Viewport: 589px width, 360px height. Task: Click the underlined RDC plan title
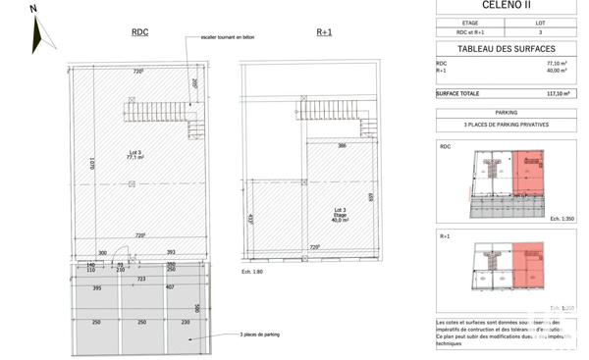[139, 32]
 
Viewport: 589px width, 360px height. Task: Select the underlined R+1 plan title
[325, 32]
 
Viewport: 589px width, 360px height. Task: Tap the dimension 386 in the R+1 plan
[343, 145]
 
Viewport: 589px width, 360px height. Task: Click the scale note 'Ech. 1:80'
[253, 271]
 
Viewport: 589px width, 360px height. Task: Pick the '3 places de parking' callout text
[260, 335]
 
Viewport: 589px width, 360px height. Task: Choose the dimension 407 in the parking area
[170, 287]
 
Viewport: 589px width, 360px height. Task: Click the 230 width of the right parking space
[186, 323]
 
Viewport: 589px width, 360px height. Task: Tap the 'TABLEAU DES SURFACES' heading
[506, 48]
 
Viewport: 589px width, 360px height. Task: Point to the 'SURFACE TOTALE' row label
[457, 93]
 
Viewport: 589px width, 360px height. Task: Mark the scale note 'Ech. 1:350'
[562, 218]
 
